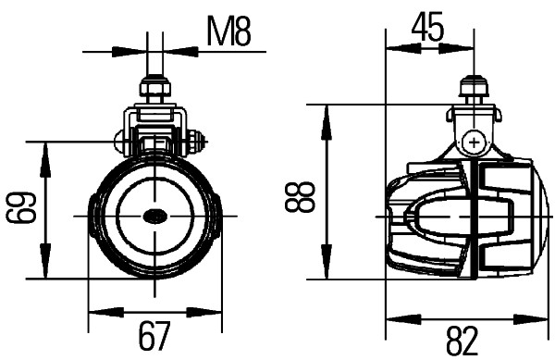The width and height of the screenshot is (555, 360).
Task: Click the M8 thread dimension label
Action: (x=228, y=32)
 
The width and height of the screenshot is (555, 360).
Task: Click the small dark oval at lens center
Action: (x=154, y=217)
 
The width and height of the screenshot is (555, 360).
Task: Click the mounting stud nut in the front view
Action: (x=154, y=90)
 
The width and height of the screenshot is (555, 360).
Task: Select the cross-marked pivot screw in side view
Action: (x=474, y=143)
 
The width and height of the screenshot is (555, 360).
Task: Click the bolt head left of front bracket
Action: (x=121, y=143)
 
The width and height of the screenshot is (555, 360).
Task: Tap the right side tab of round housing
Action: (x=216, y=215)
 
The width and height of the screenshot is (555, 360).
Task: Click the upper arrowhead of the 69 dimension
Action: (x=45, y=151)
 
